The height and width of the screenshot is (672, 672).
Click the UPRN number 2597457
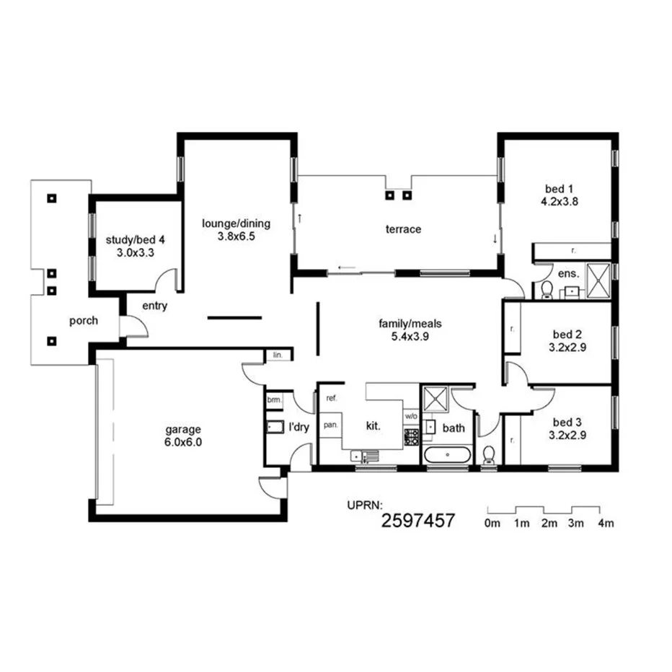pos(417,521)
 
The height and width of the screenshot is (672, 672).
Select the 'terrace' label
pos(403,229)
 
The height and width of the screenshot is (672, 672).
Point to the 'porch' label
pos(84,321)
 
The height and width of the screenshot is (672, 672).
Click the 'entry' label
pos(154,306)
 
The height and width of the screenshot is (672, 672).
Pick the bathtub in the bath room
pos(447,456)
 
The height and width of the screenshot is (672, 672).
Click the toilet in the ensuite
pos(547,290)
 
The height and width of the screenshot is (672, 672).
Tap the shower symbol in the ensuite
pos(598,280)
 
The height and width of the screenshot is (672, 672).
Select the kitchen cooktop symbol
pos(411,436)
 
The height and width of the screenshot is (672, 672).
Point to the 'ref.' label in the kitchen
pos(332,398)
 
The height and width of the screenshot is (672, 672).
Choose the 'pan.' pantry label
pos(330,425)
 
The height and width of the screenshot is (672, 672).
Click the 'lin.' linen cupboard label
pos(278,355)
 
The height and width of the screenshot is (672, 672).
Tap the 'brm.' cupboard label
pos(274,399)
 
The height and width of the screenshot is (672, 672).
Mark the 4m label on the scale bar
pos(605,524)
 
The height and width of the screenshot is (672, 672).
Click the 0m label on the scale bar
pos(492,524)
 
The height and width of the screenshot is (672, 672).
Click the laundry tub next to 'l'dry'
pos(275,427)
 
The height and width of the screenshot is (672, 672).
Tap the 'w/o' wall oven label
pos(410,416)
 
